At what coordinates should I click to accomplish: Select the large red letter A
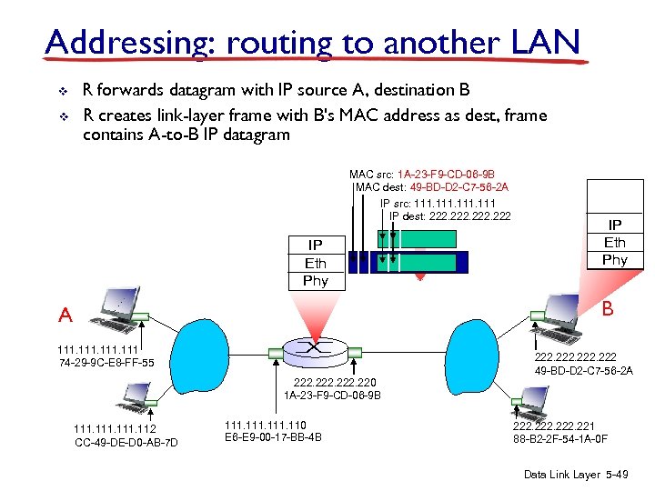65,315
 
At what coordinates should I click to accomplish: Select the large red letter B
607,309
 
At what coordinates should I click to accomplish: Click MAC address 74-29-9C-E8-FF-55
106,364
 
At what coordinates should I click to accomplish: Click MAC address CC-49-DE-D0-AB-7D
126,442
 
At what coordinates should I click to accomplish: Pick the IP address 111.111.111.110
266,425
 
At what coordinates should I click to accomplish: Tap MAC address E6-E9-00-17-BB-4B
272,437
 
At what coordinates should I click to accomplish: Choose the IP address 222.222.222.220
332,382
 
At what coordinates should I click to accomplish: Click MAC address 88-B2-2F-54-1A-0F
560,440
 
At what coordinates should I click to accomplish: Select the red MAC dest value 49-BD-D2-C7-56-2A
458,187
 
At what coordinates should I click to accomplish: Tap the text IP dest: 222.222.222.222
449,215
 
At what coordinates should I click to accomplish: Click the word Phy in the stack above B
614,259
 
